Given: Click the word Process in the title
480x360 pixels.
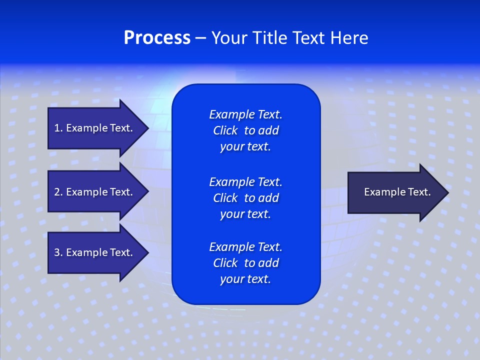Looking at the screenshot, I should (157, 38).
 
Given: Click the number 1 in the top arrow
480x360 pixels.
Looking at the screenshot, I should (57, 128).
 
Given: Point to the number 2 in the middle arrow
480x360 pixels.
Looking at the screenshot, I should (57, 192).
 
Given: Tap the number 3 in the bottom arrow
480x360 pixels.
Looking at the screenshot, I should (57, 252).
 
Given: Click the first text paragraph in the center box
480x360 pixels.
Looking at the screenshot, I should (245, 130).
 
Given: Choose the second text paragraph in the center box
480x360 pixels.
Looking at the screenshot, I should (245, 198).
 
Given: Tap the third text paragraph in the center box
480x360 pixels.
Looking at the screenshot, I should (245, 263).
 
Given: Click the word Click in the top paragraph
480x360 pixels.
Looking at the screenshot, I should (225, 130).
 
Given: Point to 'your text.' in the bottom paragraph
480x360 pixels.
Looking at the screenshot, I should (245, 279).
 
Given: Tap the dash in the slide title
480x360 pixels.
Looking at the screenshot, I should (200, 38).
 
